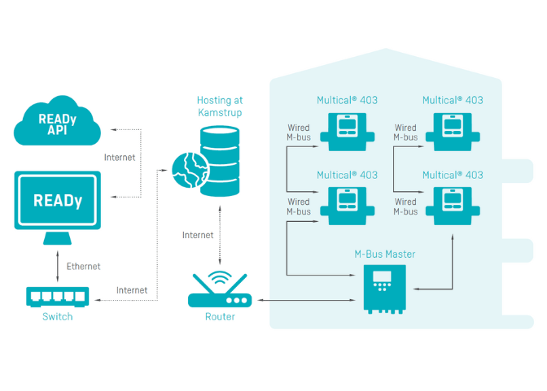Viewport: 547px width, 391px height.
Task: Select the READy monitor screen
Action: pos(57,200)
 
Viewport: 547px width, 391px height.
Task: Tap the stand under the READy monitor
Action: pos(57,237)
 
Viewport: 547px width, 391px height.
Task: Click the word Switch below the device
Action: pos(57,316)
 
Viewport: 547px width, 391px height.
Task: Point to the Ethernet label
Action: pos(83,266)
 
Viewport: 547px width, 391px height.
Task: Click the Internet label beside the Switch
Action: pos(132,289)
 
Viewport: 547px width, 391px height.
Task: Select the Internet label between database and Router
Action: pos(198,235)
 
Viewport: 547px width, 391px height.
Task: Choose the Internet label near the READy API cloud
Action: pos(120,157)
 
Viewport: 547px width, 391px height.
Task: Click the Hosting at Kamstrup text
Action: pos(220,106)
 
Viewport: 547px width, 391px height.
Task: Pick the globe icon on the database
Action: pos(188,170)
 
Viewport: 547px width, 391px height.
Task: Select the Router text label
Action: pos(220,316)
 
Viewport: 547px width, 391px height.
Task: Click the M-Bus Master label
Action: pos(384,254)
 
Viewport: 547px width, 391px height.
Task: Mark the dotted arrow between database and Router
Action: pos(220,235)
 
